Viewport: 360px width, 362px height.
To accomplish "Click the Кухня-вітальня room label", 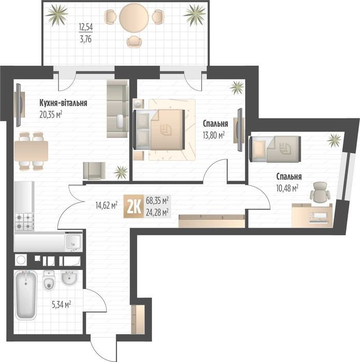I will pos(63,103).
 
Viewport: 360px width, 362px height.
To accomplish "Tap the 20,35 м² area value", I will pos(51,114).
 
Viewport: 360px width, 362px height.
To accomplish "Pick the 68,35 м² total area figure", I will pos(158,200).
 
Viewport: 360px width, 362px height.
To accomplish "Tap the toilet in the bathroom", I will pos(49,282).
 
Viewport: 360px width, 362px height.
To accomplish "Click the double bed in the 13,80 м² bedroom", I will pos(159,129).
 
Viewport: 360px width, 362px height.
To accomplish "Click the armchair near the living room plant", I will pos(94,170).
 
